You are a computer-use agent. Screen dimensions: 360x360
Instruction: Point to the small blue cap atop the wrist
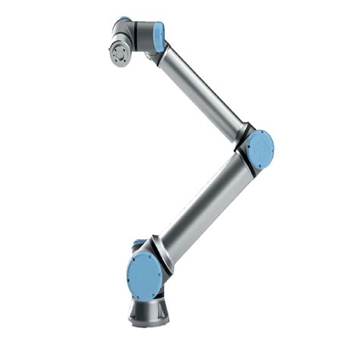124,19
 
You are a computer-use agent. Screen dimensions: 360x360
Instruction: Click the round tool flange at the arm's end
118,54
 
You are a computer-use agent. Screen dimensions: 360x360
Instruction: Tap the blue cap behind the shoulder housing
138,245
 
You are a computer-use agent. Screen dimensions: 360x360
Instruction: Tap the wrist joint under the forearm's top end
155,55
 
